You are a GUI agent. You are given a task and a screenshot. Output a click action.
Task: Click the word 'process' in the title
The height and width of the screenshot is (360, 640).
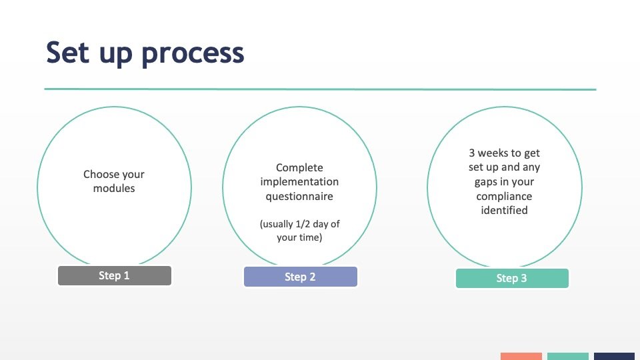[x=193, y=54]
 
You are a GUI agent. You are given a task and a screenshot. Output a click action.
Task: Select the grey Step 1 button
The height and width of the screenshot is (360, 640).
[x=115, y=275]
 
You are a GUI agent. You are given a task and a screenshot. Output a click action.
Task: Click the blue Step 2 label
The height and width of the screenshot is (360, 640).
[x=301, y=277]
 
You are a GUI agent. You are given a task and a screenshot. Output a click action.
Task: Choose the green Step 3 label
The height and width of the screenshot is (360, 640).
[x=512, y=279]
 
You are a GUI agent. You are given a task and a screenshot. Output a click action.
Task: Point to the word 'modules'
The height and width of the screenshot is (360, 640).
[x=114, y=188]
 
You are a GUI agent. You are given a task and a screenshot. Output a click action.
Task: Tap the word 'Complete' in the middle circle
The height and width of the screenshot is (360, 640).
[x=299, y=168]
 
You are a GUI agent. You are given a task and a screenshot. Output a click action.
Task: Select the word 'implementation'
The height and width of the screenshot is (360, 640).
[x=299, y=181]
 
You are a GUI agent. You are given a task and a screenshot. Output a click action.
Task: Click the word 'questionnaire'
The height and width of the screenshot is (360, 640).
[x=299, y=196]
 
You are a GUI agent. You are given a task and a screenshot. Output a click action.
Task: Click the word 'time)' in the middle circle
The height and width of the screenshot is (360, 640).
[x=310, y=237]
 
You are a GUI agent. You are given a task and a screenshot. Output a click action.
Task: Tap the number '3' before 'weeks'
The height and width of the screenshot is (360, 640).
[x=472, y=153]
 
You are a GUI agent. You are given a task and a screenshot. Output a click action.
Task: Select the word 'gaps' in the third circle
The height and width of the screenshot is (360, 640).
[x=486, y=182]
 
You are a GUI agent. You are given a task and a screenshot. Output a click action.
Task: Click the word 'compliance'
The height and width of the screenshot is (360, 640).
[x=504, y=196]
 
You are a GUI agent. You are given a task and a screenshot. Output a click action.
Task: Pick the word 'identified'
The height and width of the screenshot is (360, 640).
[x=504, y=210]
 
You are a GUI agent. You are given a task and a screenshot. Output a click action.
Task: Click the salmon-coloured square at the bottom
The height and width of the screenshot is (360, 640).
[x=521, y=356]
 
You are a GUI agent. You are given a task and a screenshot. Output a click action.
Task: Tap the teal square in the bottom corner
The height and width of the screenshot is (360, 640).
[x=568, y=356]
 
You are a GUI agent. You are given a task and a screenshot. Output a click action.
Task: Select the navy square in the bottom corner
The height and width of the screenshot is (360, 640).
[x=614, y=356]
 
